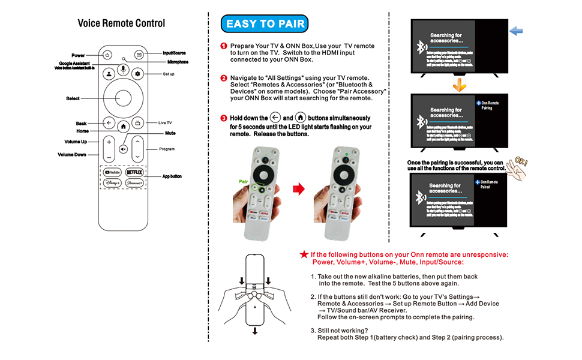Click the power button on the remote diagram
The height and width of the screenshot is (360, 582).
pyautogui.click(x=107, y=55)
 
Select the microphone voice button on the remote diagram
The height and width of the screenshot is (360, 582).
pyautogui.click(x=123, y=71)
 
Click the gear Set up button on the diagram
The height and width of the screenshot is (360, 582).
pyautogui.click(x=137, y=74)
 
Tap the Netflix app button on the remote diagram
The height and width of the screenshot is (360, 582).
pyautogui.click(x=134, y=172)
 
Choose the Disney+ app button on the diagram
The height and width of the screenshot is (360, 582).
pyautogui.click(x=112, y=182)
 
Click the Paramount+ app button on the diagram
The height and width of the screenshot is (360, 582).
pyautogui.click(x=134, y=182)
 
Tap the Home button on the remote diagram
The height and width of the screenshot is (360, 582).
pyautogui.click(x=123, y=127)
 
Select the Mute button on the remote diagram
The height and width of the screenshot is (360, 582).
pyautogui.click(x=123, y=148)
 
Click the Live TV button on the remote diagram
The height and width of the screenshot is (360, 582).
pyautogui.click(x=137, y=122)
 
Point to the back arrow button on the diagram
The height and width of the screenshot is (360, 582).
pyautogui.click(x=109, y=122)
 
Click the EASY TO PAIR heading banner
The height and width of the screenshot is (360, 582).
pyautogui.click(x=264, y=24)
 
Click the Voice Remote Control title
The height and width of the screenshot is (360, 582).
pyautogui.click(x=121, y=23)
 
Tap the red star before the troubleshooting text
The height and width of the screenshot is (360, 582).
pyautogui.click(x=304, y=254)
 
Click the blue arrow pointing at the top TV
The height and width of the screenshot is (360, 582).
pyautogui.click(x=516, y=31)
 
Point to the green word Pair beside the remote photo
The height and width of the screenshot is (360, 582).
pyautogui.click(x=244, y=179)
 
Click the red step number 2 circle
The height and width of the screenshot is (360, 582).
pyautogui.click(x=224, y=78)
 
